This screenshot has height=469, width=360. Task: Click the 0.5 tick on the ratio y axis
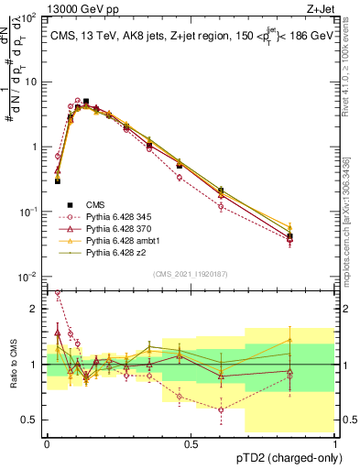(x=31, y=420)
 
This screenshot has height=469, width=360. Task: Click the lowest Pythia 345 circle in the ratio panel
(x=221, y=409)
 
